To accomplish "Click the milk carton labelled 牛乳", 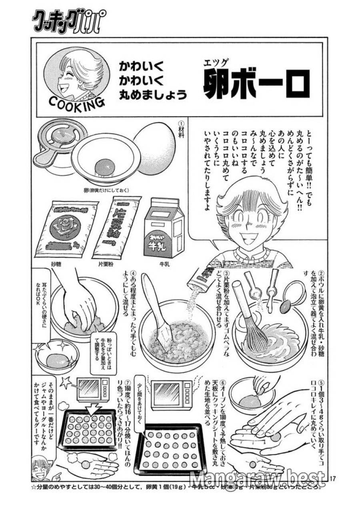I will (164, 229).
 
